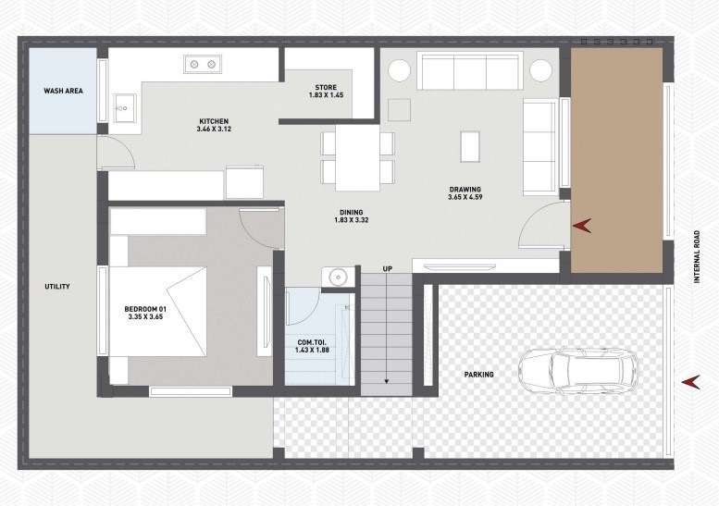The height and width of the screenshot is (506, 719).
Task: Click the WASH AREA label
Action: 64,92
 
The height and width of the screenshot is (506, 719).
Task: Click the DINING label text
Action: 350,212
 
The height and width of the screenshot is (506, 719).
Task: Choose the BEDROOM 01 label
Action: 146,309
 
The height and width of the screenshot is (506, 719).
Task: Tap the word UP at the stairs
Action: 388,269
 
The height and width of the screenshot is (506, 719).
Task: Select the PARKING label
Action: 479,375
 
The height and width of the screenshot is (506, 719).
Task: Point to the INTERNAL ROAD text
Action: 700,257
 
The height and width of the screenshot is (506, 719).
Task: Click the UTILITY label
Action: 57,287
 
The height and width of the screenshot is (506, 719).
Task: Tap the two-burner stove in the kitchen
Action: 204,64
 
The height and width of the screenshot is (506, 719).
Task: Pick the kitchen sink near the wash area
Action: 124,105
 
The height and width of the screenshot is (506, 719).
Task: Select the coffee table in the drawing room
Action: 471,145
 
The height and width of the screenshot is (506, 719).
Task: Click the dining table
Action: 357,156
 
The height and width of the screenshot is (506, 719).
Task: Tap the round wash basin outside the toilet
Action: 336,277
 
